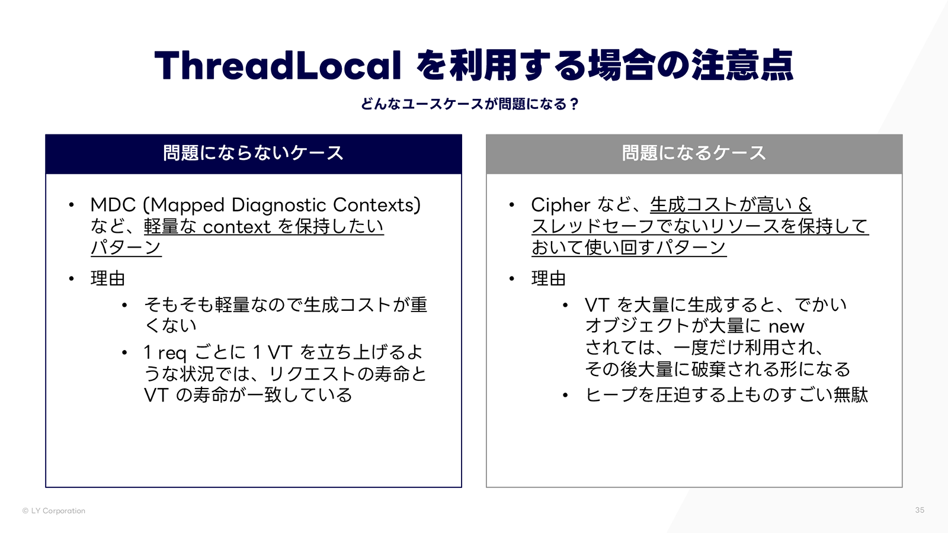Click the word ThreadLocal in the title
click(277, 65)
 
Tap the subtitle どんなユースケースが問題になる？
click(469, 104)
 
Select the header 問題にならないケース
click(253, 153)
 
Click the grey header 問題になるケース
click(694, 153)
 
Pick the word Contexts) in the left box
click(377, 205)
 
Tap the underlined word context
click(236, 227)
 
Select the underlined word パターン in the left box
click(126, 248)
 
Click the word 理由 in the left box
click(107, 278)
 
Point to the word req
click(172, 353)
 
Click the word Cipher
click(561, 205)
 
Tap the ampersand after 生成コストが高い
click(805, 205)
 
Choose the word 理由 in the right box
click(548, 278)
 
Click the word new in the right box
click(786, 326)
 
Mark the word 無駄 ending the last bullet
click(851, 395)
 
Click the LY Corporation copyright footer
click(54, 510)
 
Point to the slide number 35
click(920, 510)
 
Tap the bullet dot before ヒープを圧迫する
click(565, 395)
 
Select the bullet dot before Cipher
click(512, 205)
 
